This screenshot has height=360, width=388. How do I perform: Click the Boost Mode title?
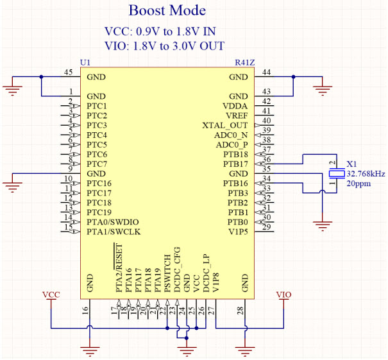tap(167, 11)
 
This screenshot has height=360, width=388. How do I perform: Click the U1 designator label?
tap(85, 62)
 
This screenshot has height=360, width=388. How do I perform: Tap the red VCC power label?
tap(51, 295)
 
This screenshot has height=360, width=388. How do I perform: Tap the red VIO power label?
tap(283, 295)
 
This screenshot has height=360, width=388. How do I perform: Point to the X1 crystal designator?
tap(351, 164)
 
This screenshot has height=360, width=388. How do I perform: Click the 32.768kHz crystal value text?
tap(366, 174)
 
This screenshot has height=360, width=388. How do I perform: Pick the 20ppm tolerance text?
tap(358, 184)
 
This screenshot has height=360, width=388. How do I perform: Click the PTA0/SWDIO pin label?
tap(113, 222)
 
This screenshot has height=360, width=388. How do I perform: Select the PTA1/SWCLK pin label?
tap(113, 232)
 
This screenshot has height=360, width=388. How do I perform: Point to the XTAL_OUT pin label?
tap(224, 125)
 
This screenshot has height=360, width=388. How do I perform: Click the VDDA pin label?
tap(235, 105)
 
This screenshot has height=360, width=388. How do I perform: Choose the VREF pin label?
tap(237, 115)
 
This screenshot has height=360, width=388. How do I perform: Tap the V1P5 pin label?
tap(237, 232)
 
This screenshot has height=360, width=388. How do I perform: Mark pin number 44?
tap(266, 72)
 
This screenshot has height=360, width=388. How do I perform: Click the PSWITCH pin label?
tap(167, 273)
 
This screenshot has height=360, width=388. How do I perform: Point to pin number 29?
tap(266, 227)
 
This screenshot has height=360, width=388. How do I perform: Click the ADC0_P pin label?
tap(231, 145)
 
